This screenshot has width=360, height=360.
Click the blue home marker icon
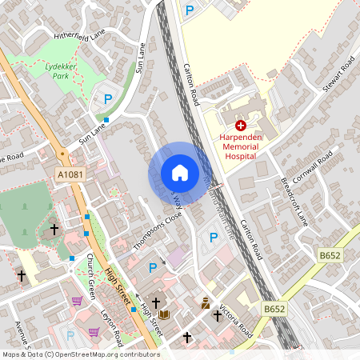point(180,172)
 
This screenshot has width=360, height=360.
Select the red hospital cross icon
point(241,126)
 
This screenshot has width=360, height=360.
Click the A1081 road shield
point(70,174)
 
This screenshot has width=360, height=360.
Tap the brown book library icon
point(164,314)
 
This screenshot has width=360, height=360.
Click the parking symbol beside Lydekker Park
point(108,99)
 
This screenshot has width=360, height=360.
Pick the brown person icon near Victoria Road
point(206,303)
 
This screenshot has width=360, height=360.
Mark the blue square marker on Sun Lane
point(106,120)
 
